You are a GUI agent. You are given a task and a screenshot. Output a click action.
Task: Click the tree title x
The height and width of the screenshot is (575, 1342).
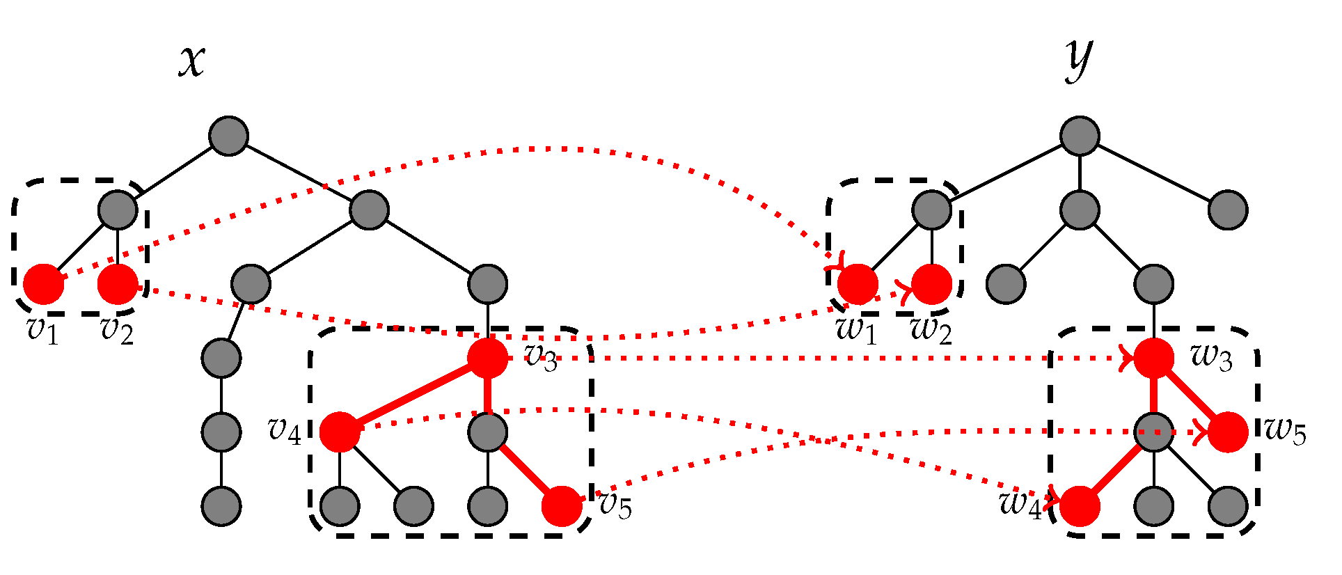pos(191,61)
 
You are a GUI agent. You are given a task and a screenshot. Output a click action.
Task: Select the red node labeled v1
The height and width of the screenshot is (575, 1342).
pos(44,284)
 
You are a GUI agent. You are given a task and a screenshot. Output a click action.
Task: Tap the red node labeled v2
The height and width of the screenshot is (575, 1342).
pos(118,284)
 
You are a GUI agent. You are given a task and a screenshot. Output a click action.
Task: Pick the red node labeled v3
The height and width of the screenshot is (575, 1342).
pos(487,358)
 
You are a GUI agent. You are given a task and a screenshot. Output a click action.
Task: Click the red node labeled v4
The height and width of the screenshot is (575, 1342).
pos(340,432)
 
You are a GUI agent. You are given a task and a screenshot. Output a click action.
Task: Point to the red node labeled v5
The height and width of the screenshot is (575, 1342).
pos(562,506)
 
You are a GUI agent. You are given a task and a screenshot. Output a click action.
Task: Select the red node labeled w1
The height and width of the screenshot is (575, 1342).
pos(858,284)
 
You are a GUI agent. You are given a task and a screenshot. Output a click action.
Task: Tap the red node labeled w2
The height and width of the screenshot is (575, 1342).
pos(931,284)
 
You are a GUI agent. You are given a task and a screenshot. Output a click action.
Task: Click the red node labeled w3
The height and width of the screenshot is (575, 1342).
pos(1154,358)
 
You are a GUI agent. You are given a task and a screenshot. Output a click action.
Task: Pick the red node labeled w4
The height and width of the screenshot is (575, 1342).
pos(1080,506)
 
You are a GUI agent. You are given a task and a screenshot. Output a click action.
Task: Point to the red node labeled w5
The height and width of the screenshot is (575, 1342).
pos(1228,432)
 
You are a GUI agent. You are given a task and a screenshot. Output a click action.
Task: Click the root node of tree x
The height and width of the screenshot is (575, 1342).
pos(229,136)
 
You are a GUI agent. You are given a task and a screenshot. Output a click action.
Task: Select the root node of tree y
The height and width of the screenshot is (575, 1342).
pos(1080,136)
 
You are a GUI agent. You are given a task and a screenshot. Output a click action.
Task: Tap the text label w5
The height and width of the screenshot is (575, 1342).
pos(1285,431)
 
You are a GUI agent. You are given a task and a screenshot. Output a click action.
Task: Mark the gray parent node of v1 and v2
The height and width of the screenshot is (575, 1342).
pos(118,210)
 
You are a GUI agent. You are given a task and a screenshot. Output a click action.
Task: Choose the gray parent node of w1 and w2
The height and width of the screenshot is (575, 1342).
pos(931,210)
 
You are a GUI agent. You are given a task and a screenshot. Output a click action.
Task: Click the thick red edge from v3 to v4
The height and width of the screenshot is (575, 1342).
pos(413,395)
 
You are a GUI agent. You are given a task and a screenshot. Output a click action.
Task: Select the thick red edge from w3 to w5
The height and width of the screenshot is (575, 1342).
pos(1191,395)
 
